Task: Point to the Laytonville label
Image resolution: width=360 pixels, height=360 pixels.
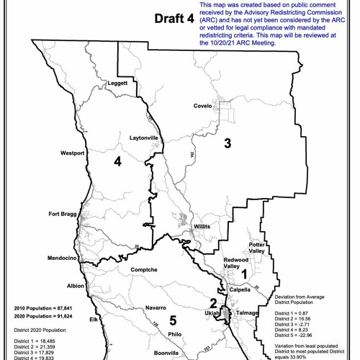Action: (x=125, y=137)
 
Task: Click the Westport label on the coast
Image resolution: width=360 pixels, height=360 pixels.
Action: (x=73, y=153)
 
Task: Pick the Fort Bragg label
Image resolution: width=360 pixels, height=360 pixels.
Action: (x=63, y=214)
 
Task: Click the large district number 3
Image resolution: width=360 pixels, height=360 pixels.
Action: (x=228, y=143)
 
